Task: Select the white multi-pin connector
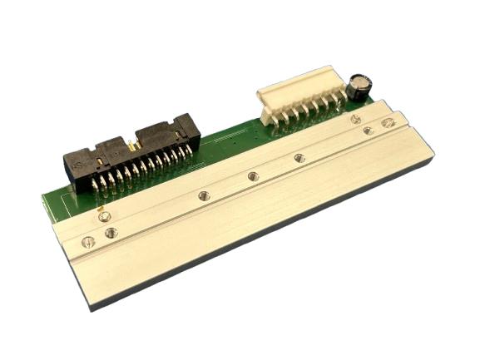coord(300,96)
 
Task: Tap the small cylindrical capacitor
coord(359,86)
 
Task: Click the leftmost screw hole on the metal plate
coord(88,242)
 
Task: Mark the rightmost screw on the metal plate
coord(387,123)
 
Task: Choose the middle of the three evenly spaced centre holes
coord(253,175)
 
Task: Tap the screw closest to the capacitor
coord(356,119)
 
